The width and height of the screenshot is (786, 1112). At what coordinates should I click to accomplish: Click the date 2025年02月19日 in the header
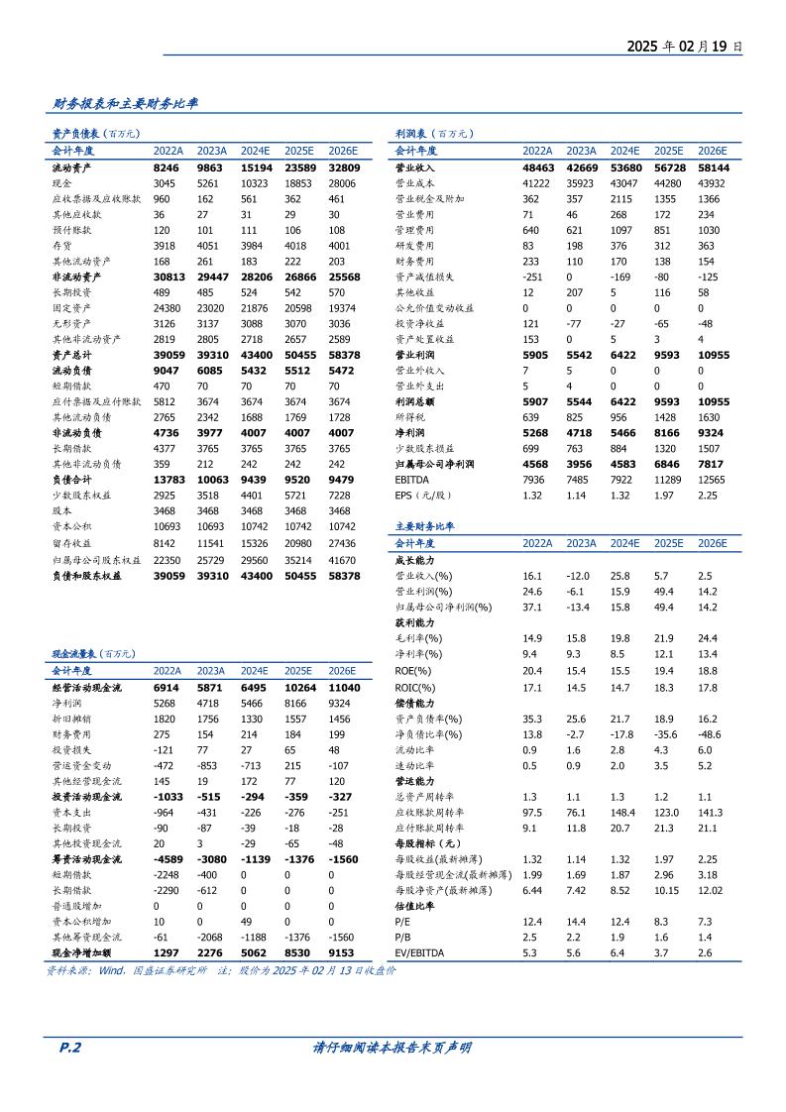[x=684, y=46]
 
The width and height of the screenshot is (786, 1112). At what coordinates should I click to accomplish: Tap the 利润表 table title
[x=416, y=133]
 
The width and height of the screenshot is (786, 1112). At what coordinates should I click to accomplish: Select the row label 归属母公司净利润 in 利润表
[x=435, y=464]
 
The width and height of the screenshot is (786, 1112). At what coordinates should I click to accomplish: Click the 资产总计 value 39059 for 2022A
[x=168, y=354]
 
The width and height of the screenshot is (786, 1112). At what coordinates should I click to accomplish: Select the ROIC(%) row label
[x=415, y=687]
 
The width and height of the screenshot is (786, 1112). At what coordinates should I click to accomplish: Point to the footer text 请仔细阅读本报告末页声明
[x=392, y=1048]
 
